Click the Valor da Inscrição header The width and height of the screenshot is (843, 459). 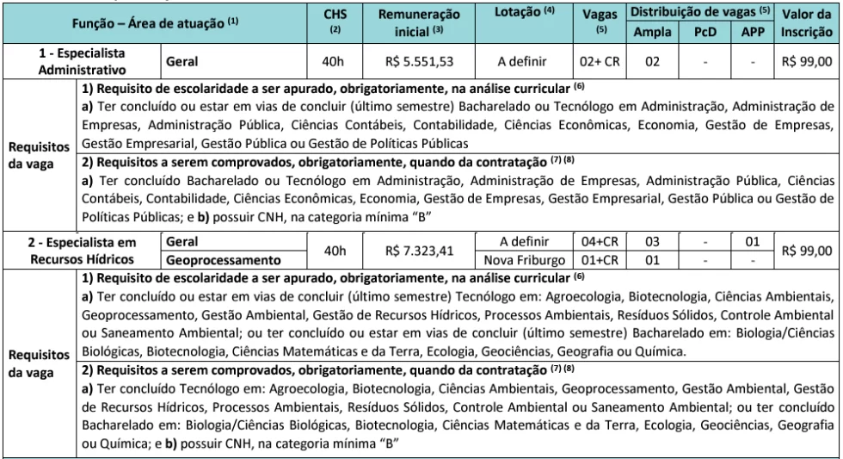click(809, 22)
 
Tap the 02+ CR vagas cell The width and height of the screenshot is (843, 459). click(599, 61)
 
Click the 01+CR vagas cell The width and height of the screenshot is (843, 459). click(599, 259)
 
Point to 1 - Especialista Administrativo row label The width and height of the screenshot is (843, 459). click(82, 61)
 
